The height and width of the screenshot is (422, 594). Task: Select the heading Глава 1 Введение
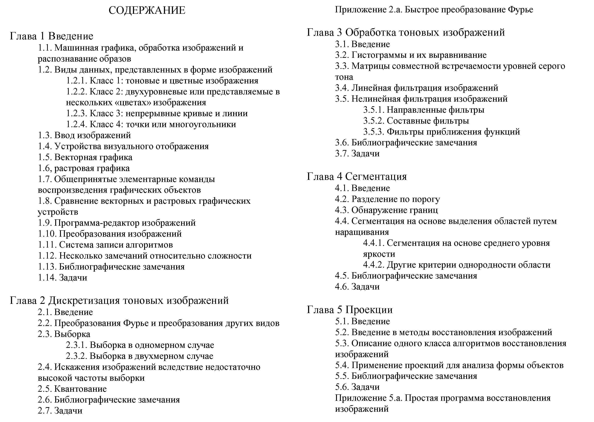(52, 36)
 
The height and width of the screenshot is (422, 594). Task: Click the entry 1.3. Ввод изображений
(84, 135)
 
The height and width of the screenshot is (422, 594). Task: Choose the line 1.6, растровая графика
(84, 168)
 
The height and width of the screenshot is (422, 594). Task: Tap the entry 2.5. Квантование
(72, 389)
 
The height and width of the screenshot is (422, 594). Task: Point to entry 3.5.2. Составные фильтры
(416, 121)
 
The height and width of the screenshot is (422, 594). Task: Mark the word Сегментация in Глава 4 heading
(376, 177)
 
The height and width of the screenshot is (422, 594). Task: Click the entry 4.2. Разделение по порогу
(388, 199)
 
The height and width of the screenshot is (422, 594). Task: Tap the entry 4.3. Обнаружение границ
(386, 210)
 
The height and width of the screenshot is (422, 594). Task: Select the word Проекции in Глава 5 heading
(369, 310)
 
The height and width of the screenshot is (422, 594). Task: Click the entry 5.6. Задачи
(357, 387)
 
